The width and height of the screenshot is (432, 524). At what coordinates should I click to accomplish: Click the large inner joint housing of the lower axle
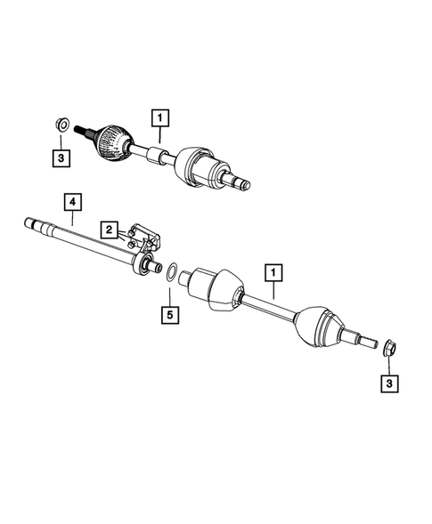click(213, 292)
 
